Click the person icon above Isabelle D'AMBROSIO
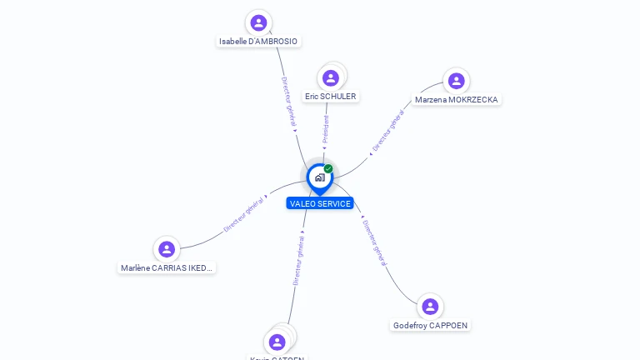pyautogui.click(x=258, y=22)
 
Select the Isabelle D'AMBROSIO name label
pyautogui.click(x=258, y=41)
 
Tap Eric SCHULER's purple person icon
pyautogui.click(x=331, y=78)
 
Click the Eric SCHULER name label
pyautogui.click(x=331, y=97)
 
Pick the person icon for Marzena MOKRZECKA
pyautogui.click(x=456, y=81)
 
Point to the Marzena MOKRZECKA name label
pyautogui.click(x=457, y=100)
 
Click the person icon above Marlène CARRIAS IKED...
pyautogui.click(x=167, y=249)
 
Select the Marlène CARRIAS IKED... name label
pyautogui.click(x=167, y=268)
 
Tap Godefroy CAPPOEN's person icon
pyautogui.click(x=430, y=307)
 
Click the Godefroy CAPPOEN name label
pyautogui.click(x=430, y=325)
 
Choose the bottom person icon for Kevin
pyautogui.click(x=277, y=342)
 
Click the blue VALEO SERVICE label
pyautogui.click(x=320, y=203)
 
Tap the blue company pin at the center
pyautogui.click(x=319, y=177)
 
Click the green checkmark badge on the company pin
pyautogui.click(x=328, y=168)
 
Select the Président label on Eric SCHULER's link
pyautogui.click(x=326, y=128)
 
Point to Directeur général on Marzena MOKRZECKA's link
pyautogui.click(x=388, y=131)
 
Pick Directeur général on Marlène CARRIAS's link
pyautogui.click(x=244, y=214)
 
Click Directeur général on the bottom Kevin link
pyautogui.click(x=298, y=260)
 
